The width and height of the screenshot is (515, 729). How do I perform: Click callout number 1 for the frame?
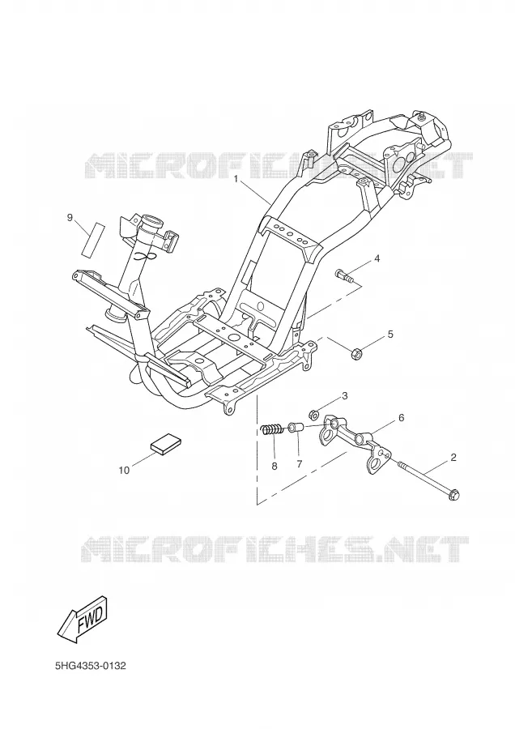[236, 178]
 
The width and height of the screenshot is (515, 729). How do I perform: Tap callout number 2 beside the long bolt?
[453, 458]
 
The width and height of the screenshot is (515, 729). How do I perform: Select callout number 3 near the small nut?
[344, 396]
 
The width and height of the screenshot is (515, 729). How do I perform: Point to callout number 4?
[377, 258]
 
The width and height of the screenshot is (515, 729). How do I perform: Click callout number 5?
[390, 334]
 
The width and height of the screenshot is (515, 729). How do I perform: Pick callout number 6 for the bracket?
[401, 418]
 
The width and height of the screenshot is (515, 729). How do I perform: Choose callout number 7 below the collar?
[300, 463]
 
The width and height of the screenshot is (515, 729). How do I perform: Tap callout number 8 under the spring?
[275, 466]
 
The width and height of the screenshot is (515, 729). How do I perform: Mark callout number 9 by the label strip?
[70, 217]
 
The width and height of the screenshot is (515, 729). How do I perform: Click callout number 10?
[124, 470]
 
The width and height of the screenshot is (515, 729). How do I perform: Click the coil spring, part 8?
[272, 429]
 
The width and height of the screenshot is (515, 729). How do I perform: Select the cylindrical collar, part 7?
[296, 427]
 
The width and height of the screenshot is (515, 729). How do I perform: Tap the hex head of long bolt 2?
[453, 495]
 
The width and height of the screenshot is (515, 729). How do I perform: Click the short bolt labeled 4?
[343, 275]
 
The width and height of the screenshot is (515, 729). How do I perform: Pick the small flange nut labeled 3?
[313, 413]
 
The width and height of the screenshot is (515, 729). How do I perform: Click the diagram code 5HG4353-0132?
[90, 667]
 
